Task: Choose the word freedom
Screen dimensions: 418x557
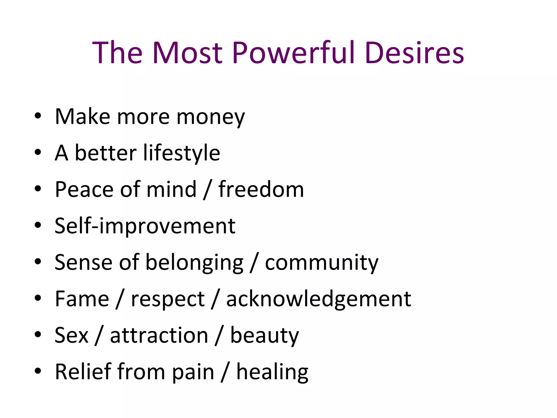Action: tap(261, 189)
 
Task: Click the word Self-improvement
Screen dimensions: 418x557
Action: tap(145, 226)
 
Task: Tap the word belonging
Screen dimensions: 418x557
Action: tap(194, 263)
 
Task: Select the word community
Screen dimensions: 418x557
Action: tap(322, 263)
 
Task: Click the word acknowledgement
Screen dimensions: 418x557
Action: tap(319, 299)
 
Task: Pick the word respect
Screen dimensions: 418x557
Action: tap(168, 299)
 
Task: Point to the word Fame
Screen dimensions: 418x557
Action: tap(82, 299)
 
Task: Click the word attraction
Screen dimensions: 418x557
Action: tap(159, 336)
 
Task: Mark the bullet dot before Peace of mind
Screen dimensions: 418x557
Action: tap(38, 189)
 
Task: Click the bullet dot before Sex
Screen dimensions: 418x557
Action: tap(38, 334)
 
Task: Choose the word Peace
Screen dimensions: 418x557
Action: tap(84, 189)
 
